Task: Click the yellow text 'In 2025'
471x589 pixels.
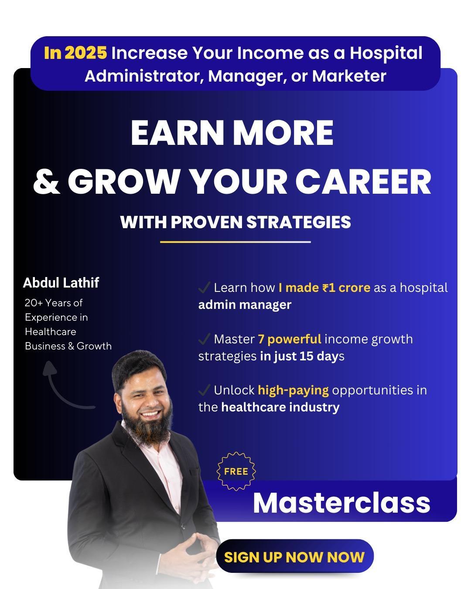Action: click(x=75, y=52)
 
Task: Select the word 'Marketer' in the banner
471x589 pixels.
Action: click(x=349, y=76)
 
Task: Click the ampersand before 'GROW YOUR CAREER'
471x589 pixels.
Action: click(x=46, y=181)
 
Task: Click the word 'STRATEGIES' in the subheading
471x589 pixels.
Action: click(x=299, y=222)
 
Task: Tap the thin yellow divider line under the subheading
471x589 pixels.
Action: click(x=235, y=242)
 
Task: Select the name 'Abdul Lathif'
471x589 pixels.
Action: click(x=61, y=282)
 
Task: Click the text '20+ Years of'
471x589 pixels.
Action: click(x=54, y=303)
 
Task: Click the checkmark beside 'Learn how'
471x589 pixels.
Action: click(x=204, y=288)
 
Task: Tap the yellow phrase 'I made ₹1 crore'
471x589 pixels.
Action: click(x=324, y=288)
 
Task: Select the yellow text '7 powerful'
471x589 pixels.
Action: click(x=290, y=339)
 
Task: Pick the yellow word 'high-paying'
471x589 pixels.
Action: click(x=293, y=390)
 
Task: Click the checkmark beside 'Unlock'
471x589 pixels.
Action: click(x=204, y=390)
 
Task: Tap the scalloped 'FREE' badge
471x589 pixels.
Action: click(x=236, y=471)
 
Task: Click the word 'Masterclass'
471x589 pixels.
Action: click(x=341, y=503)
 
